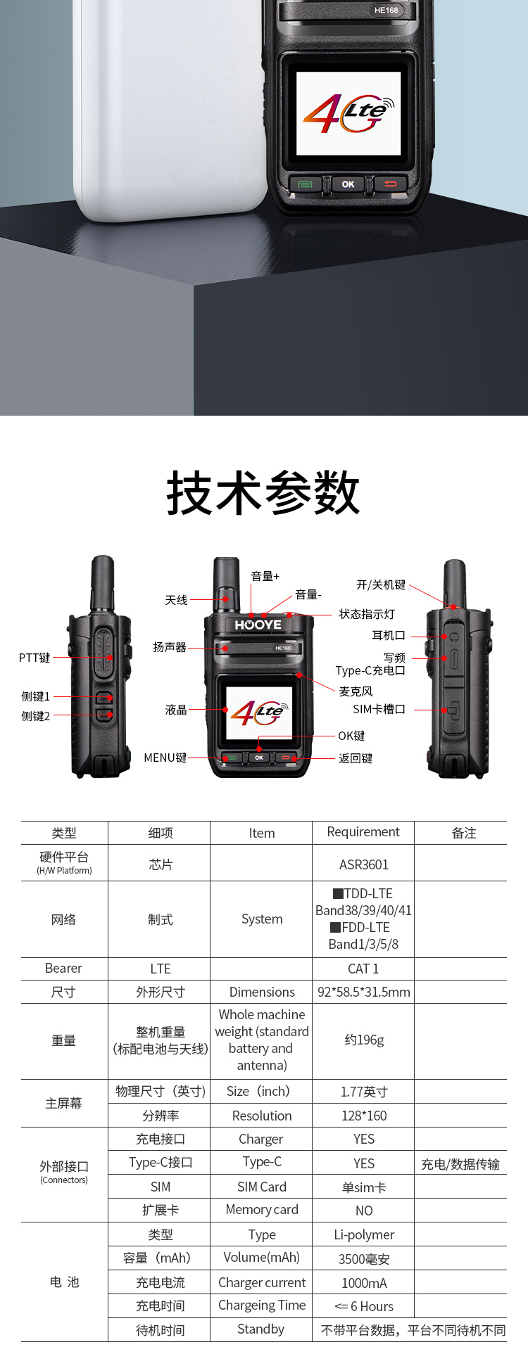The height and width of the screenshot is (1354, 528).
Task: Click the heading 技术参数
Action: tap(263, 492)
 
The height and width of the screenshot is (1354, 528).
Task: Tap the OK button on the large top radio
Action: tap(348, 184)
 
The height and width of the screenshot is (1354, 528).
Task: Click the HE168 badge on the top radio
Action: tap(386, 11)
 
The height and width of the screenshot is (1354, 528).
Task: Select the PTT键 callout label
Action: tap(34, 658)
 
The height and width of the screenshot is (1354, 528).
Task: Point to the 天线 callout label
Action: tap(177, 600)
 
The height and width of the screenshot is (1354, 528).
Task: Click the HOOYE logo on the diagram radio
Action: tap(258, 625)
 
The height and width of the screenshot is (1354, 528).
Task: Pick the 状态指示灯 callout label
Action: tap(367, 614)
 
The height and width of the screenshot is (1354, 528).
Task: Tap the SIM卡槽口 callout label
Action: tap(379, 709)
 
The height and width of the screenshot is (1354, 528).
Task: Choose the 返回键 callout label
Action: tap(356, 758)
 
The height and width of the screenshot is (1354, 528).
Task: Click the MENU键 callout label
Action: tap(165, 758)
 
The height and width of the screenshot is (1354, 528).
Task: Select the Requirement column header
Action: tap(363, 832)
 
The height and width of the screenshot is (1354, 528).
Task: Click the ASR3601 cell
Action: tap(363, 864)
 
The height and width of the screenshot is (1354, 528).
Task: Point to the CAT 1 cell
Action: tap(363, 969)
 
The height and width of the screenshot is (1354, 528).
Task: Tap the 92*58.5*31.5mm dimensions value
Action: tap(363, 992)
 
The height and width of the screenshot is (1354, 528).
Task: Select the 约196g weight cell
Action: tap(364, 1040)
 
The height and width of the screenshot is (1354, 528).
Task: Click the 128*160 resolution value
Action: tap(363, 1116)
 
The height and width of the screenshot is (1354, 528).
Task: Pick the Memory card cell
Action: tap(262, 1210)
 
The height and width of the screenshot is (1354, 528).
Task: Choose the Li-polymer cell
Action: tap(364, 1234)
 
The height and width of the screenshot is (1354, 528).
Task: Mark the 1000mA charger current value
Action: tap(364, 1283)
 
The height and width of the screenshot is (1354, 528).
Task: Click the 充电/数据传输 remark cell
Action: tap(460, 1164)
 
